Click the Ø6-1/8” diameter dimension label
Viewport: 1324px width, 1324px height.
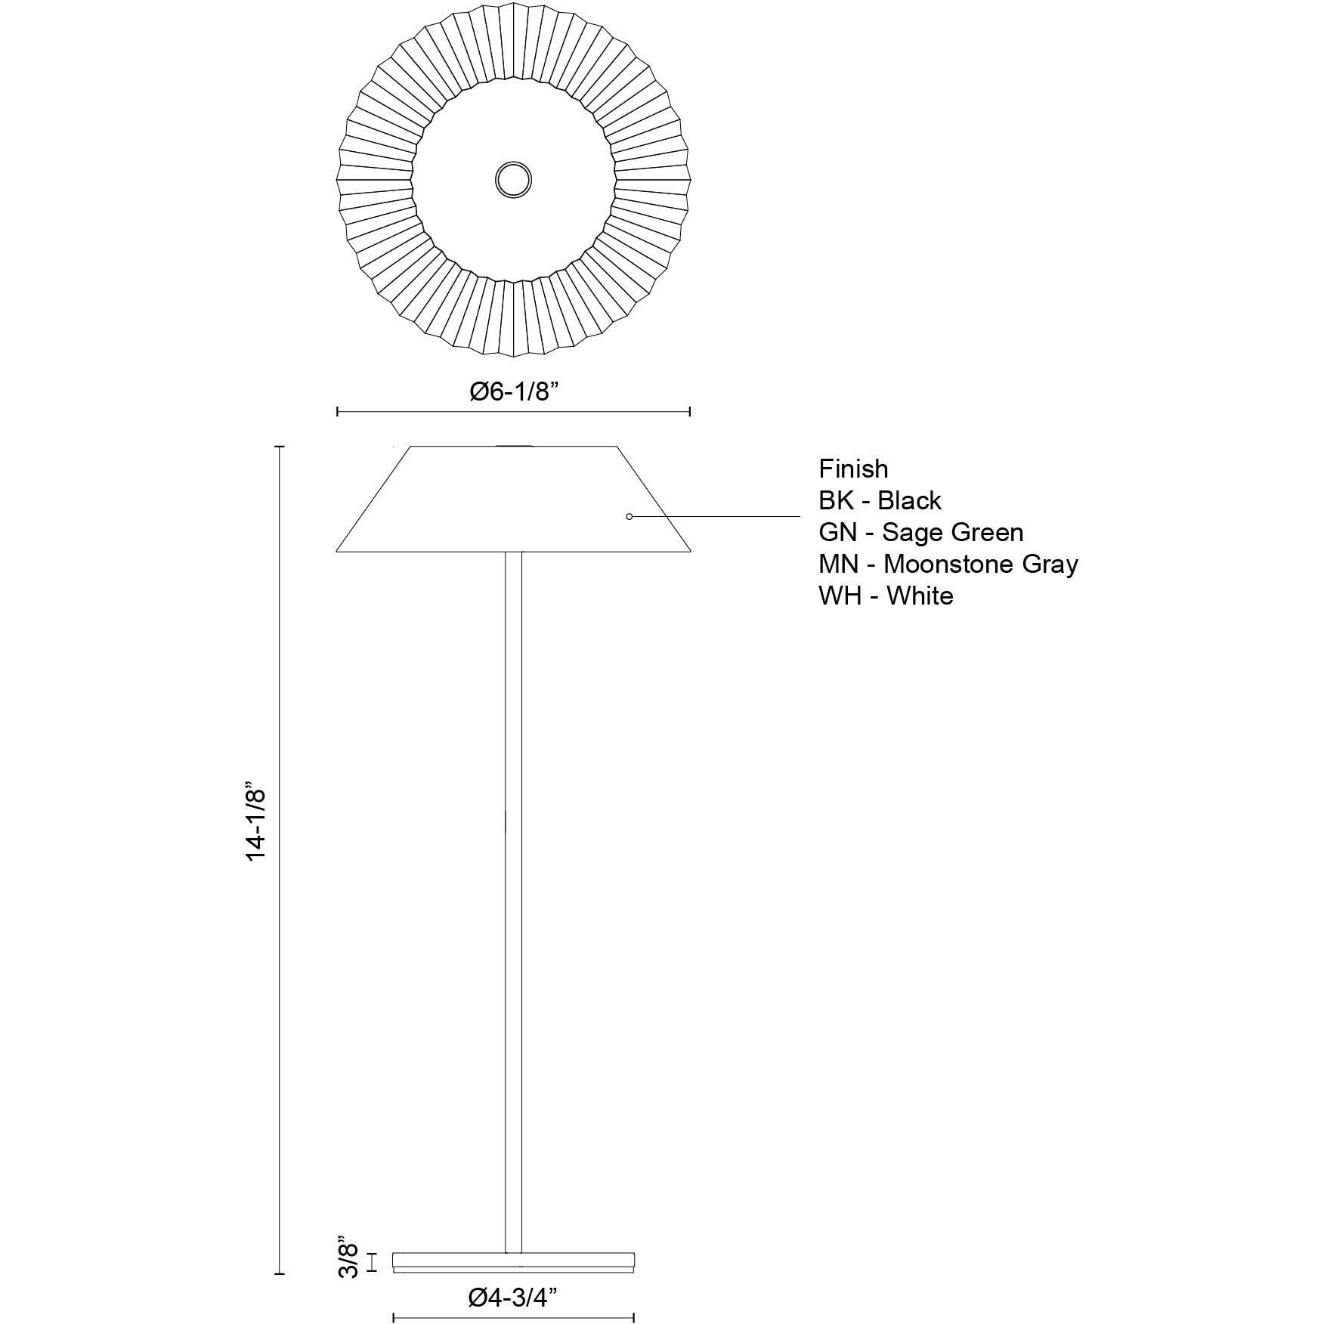tap(513, 391)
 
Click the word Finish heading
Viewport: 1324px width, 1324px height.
tap(853, 469)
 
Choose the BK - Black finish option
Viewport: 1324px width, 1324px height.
tap(880, 500)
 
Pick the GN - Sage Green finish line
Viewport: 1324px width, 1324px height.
tap(921, 533)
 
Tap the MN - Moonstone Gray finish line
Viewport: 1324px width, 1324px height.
tap(948, 564)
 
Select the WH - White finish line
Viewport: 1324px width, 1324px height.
tap(886, 595)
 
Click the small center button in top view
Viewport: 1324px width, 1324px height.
tap(513, 180)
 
